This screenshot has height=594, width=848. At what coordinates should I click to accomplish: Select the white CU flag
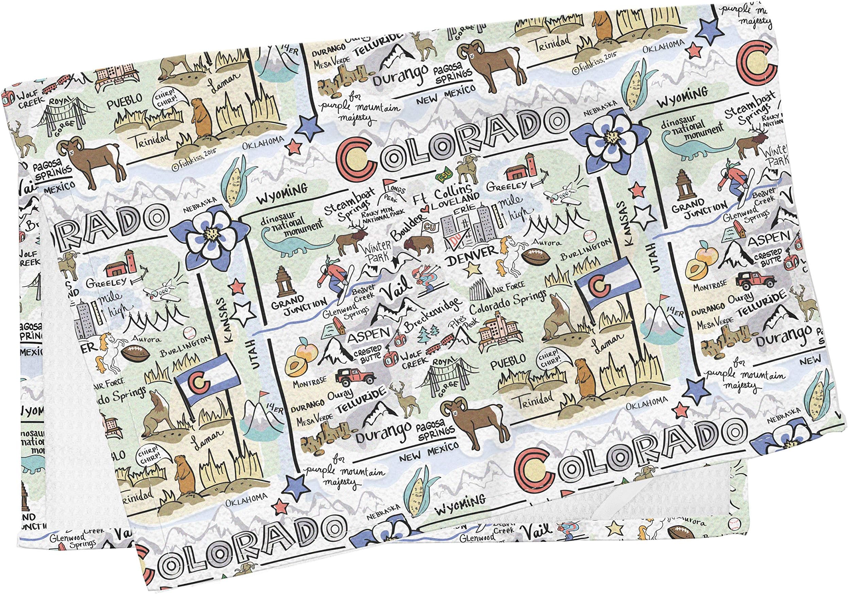coord(429,225)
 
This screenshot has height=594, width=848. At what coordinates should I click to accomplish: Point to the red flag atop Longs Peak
coord(388,182)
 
